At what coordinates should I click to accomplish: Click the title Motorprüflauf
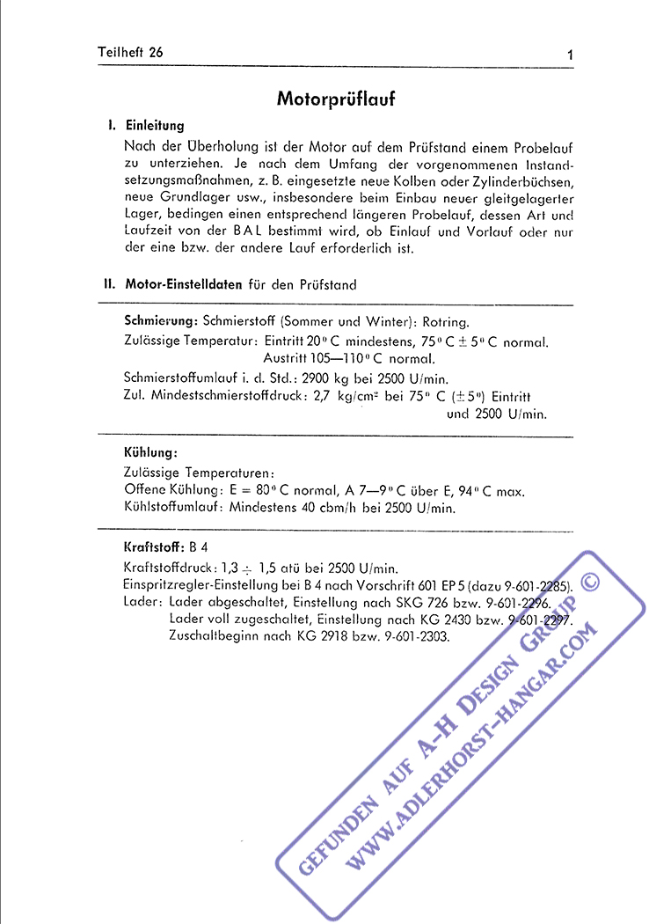pyautogui.click(x=336, y=99)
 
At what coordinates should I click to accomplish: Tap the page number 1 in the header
pyautogui.click(x=571, y=55)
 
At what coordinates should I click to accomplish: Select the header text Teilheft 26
pyautogui.click(x=130, y=52)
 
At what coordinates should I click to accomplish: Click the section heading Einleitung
pyautogui.click(x=155, y=126)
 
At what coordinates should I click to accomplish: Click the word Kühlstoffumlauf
pyautogui.click(x=174, y=508)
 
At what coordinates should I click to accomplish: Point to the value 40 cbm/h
pyautogui.click(x=344, y=508)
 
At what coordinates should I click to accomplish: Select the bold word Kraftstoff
pyautogui.click(x=154, y=546)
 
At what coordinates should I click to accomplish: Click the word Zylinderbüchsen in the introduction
pyautogui.click(x=522, y=181)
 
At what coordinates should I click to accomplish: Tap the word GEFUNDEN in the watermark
pyautogui.click(x=335, y=826)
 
